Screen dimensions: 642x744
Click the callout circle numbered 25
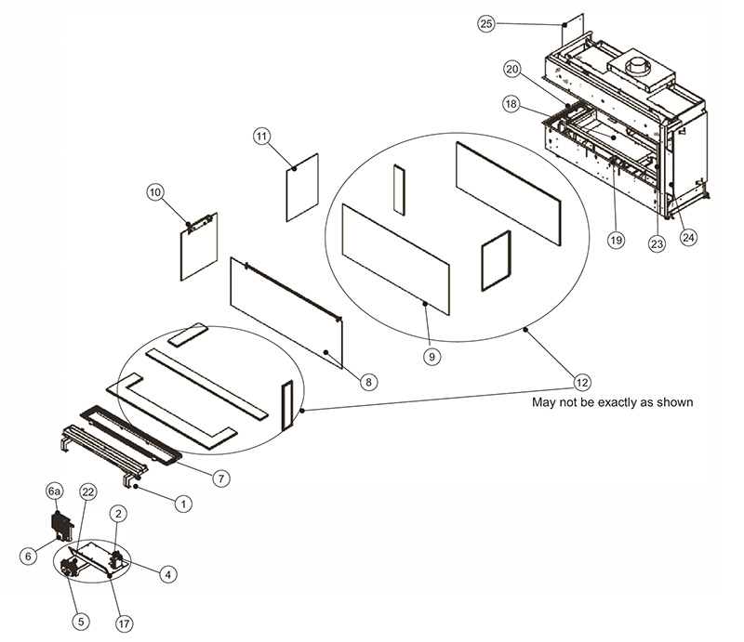tap(486, 24)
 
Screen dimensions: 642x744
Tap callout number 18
tap(511, 105)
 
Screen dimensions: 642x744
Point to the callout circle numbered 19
tap(615, 240)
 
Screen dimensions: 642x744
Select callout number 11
tap(261, 137)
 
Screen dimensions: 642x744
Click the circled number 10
tap(154, 192)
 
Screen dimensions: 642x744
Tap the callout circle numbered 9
tap(432, 354)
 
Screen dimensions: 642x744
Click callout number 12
tap(581, 381)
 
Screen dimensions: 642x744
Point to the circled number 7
tap(221, 478)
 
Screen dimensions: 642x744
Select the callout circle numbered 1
tap(184, 503)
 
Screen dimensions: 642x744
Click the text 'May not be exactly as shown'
tap(612, 403)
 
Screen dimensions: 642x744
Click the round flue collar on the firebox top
tap(642, 68)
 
